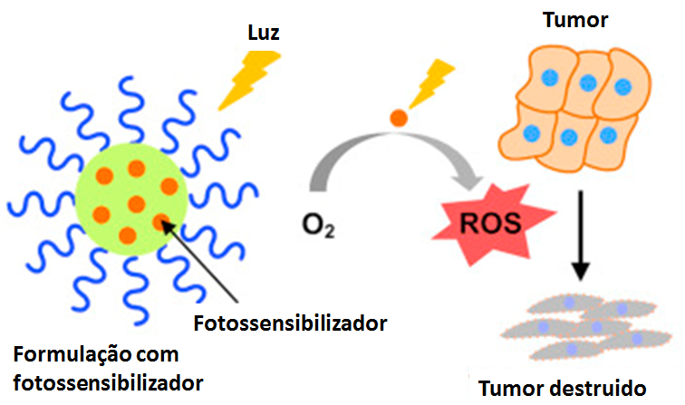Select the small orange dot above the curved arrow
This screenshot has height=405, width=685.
click(397, 117)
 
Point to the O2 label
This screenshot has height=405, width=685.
click(318, 223)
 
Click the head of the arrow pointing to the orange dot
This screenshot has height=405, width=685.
click(163, 221)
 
